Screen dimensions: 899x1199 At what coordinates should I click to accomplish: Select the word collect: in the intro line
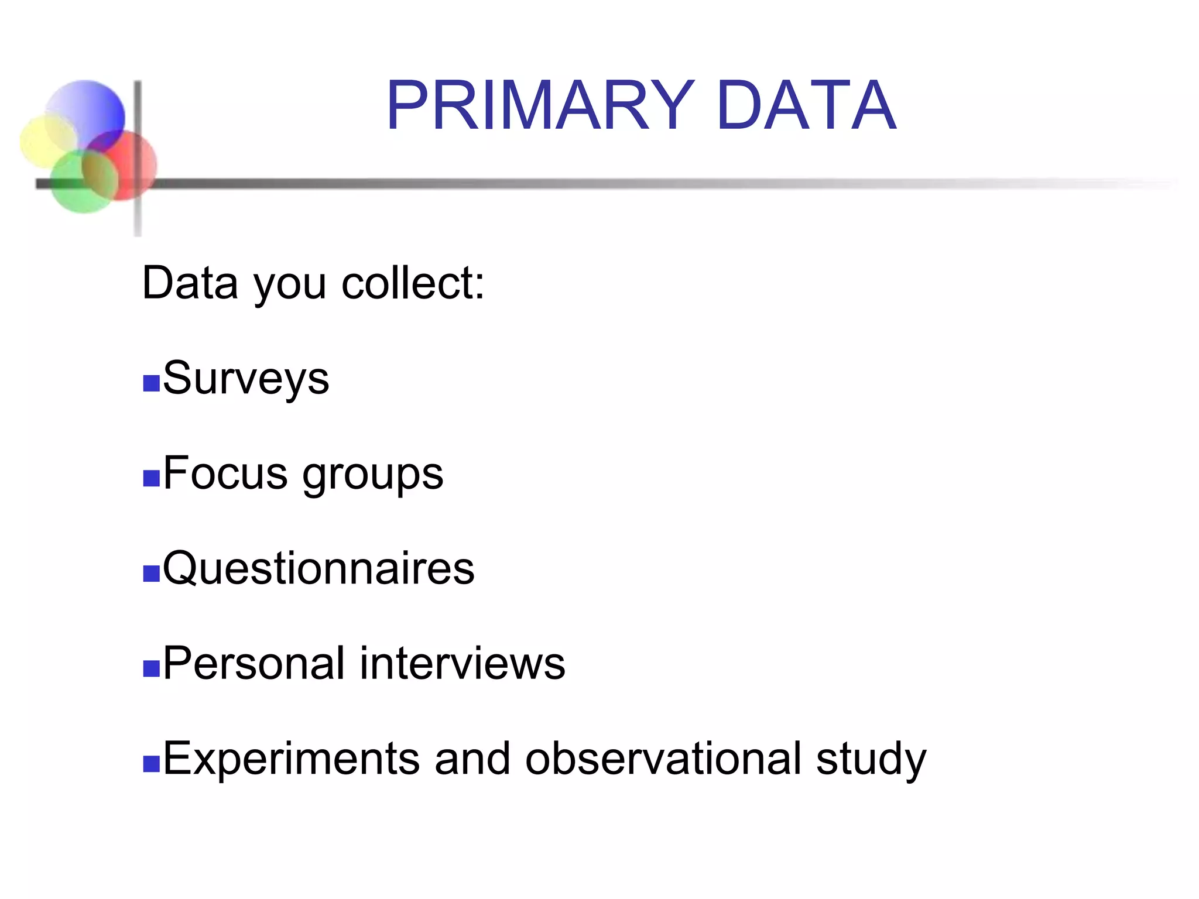click(x=413, y=283)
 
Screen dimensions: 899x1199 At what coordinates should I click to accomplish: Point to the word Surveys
click(x=246, y=379)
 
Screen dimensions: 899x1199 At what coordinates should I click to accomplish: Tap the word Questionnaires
click(x=318, y=568)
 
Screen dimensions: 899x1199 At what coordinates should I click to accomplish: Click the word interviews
click(x=463, y=663)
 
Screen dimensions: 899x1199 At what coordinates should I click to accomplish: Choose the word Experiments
click(x=291, y=759)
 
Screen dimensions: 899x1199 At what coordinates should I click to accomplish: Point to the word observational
click(x=663, y=759)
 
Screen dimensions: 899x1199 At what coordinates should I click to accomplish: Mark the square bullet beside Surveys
click(x=151, y=383)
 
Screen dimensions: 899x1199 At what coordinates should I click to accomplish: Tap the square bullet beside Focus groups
click(x=151, y=478)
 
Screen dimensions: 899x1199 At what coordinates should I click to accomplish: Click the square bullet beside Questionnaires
click(x=151, y=574)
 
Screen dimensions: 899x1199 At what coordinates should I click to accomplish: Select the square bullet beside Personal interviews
click(x=151, y=668)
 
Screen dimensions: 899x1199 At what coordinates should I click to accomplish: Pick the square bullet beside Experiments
click(x=151, y=764)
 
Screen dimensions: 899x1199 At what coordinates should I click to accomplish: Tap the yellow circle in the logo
click(x=44, y=140)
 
